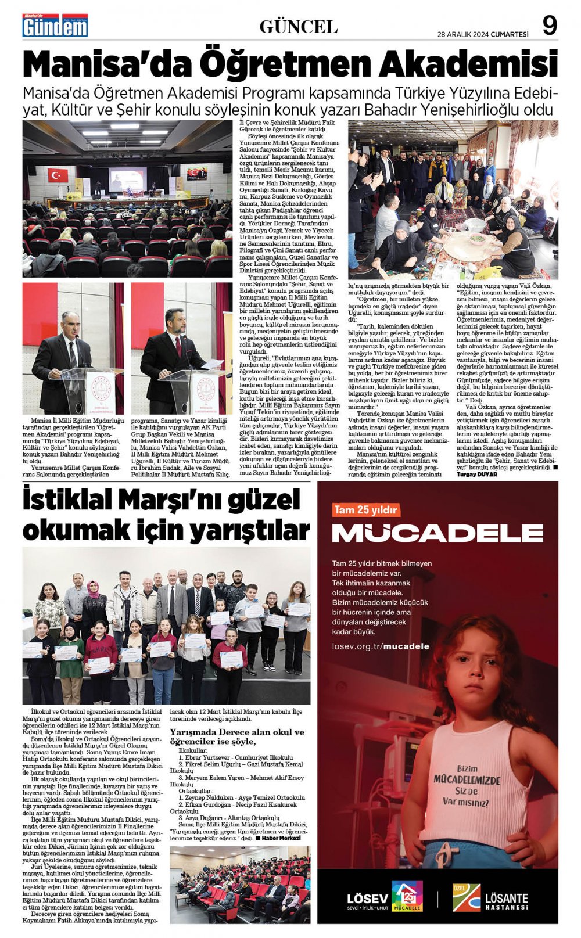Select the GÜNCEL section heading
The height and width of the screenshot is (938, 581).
(298, 27)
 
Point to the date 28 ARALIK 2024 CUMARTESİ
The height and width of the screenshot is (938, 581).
(482, 34)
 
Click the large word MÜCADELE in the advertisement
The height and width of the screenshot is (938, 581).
(437, 533)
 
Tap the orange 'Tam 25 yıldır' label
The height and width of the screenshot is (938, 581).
(365, 510)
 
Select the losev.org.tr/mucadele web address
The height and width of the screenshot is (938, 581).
(381, 646)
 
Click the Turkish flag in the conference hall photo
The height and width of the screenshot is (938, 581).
(58, 174)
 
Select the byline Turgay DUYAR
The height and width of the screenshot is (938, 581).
(477, 475)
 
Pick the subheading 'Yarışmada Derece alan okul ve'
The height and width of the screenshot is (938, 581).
(237, 732)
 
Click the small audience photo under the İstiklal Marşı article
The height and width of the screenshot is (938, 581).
(240, 884)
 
